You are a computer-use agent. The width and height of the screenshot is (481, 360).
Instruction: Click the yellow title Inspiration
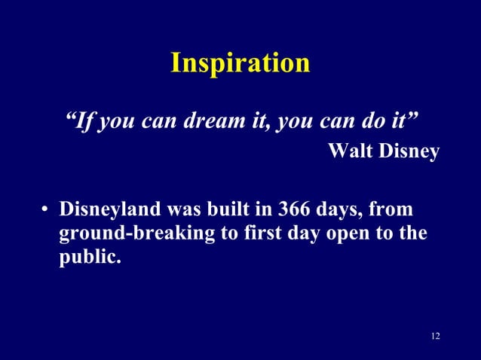coord(240,63)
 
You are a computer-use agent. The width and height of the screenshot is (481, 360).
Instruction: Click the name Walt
coord(351,152)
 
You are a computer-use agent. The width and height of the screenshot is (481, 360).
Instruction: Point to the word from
coord(397,208)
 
